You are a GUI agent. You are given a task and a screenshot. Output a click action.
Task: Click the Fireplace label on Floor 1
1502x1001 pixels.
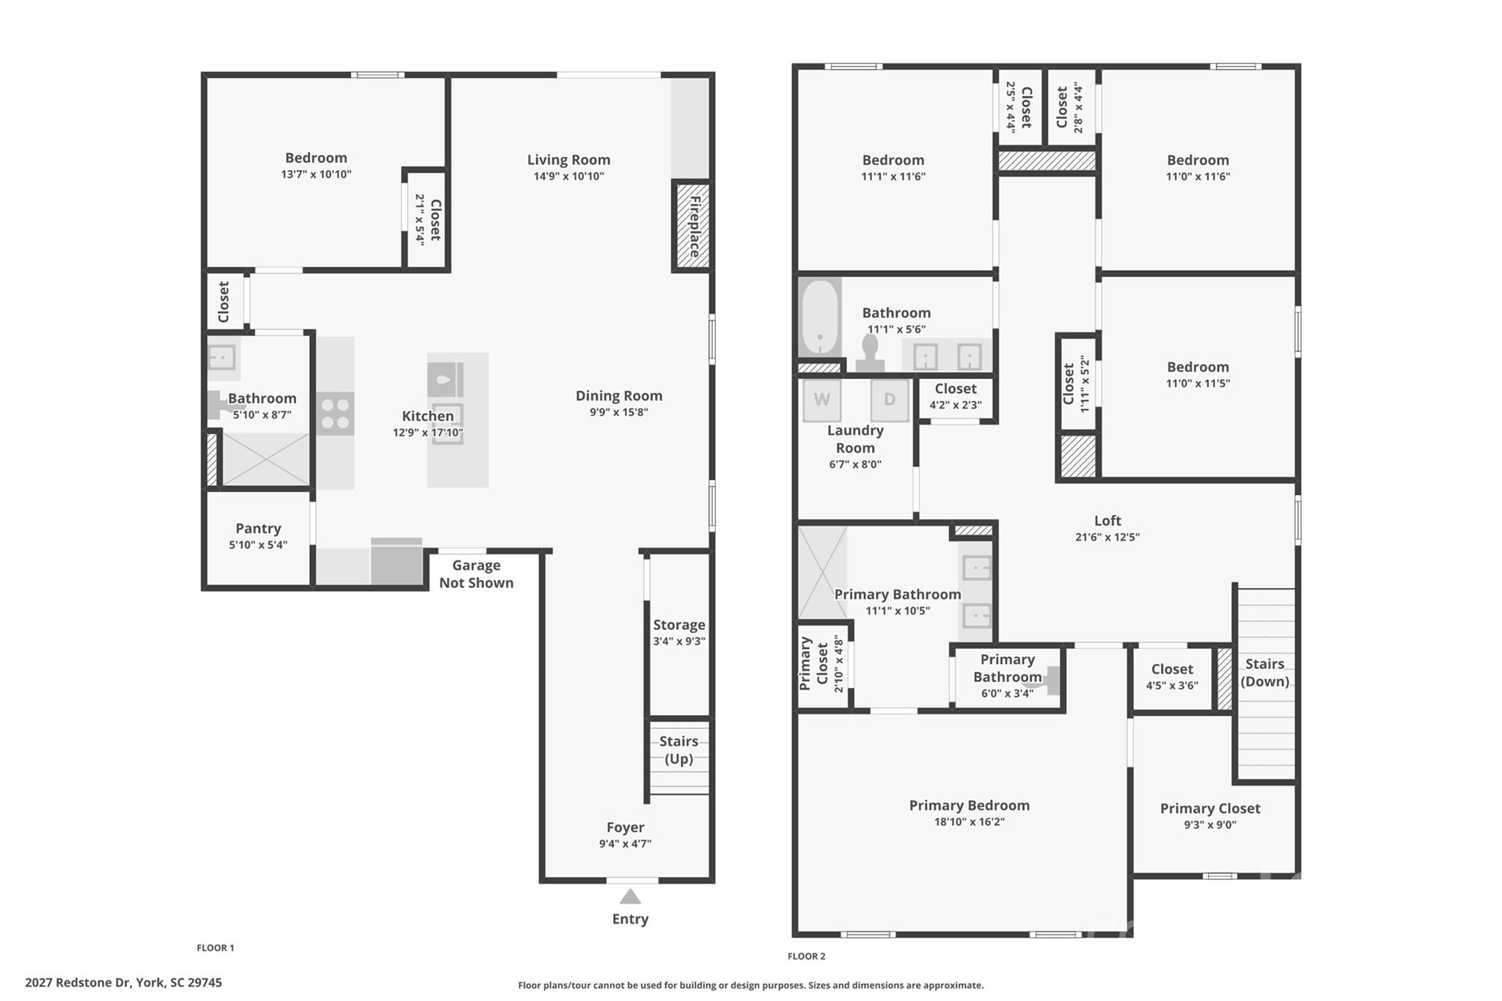click(694, 227)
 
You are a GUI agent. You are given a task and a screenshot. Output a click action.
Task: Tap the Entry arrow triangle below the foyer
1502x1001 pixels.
click(630, 897)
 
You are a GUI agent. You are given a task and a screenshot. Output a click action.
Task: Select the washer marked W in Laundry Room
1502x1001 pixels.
click(821, 400)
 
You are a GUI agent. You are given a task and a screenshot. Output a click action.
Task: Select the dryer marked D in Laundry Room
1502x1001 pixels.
click(889, 400)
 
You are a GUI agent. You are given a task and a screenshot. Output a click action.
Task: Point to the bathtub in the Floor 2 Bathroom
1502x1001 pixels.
click(819, 319)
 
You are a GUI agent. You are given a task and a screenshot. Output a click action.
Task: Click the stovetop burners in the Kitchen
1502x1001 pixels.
click(335, 414)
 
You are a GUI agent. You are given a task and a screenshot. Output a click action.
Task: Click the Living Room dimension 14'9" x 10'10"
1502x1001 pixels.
click(568, 176)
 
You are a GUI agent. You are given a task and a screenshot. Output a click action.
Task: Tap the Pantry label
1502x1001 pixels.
click(257, 528)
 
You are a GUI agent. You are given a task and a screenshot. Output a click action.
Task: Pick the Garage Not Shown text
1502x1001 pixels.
click(476, 574)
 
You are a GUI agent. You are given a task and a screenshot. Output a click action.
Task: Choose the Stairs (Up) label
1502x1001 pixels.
click(678, 749)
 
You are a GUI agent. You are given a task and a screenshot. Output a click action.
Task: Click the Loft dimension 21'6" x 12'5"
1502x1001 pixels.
click(1107, 537)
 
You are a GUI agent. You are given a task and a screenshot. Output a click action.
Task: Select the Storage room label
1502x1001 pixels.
click(679, 625)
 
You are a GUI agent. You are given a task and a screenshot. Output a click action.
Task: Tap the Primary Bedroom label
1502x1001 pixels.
click(969, 805)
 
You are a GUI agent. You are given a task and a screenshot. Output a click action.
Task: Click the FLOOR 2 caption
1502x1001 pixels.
click(806, 956)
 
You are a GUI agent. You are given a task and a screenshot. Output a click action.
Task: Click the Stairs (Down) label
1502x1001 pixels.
click(1264, 672)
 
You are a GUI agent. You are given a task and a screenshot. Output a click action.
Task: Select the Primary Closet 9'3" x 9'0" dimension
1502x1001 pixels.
click(1209, 825)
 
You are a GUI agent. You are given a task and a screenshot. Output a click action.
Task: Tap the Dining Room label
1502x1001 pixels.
click(618, 396)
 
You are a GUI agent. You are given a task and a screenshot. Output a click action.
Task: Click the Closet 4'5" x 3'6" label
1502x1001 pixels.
click(1171, 669)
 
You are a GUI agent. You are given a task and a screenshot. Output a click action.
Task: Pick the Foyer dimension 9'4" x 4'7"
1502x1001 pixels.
click(625, 844)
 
